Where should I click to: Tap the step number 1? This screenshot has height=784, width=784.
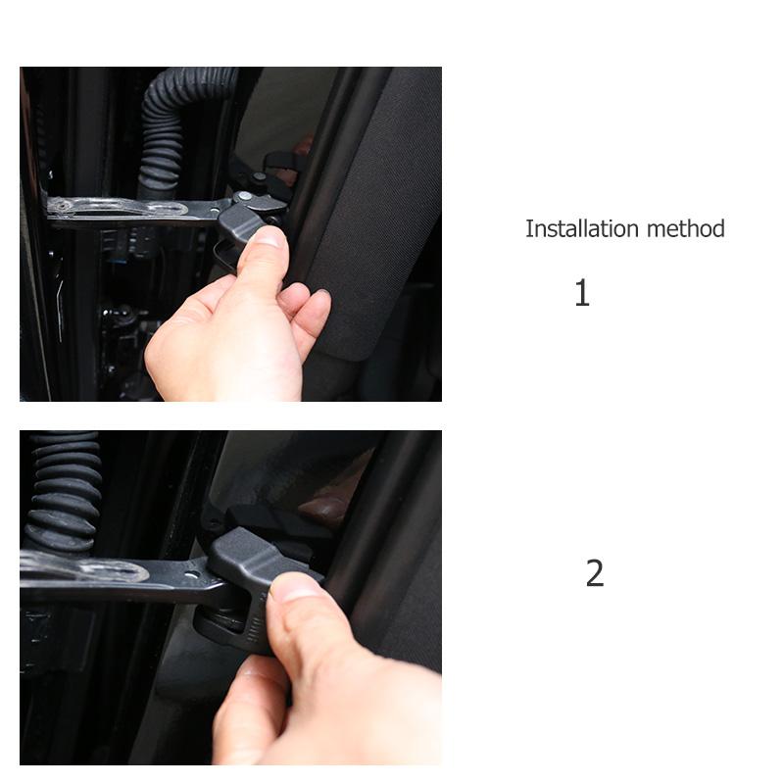coord(582,293)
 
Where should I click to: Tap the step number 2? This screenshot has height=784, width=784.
coord(594,573)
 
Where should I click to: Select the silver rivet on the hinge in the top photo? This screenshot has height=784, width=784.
coord(242,198)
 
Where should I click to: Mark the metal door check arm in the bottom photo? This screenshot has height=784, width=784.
coord(118,578)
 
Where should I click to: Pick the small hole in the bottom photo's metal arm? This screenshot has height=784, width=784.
coord(191,573)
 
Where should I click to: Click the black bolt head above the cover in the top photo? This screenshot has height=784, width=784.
coord(260,179)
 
